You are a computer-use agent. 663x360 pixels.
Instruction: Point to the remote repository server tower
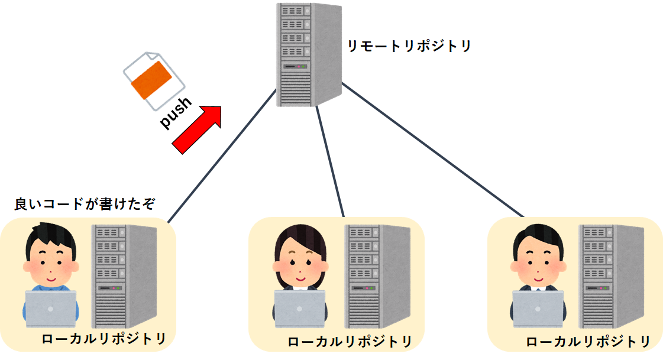(308, 54)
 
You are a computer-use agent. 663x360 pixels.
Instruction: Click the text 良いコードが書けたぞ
(85, 205)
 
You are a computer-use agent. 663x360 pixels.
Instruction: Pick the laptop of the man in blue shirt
(51, 309)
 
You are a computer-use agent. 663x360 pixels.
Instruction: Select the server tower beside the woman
(377, 275)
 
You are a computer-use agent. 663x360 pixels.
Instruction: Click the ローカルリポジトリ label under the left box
(104, 339)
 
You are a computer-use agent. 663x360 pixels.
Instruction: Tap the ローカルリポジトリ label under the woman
(350, 342)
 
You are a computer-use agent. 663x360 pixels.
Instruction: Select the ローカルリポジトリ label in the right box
(588, 342)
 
